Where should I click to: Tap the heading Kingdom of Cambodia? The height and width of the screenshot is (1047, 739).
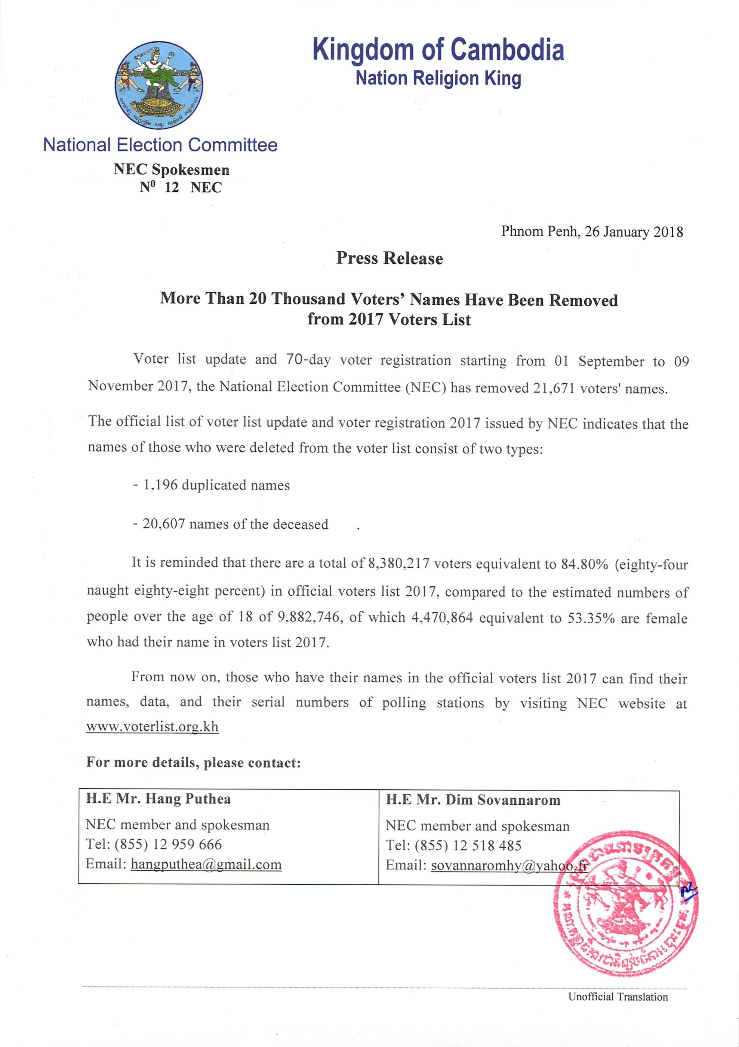coord(438,50)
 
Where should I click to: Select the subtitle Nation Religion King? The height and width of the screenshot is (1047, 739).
coord(438,79)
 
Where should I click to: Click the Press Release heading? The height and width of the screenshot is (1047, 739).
coord(389,258)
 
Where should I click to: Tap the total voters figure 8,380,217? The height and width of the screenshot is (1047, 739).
coord(398,564)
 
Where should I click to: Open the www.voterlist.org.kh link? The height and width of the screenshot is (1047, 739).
coord(152,727)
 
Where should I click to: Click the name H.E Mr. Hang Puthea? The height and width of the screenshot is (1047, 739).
coord(158,799)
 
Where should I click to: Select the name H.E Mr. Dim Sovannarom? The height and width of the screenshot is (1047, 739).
coord(473,800)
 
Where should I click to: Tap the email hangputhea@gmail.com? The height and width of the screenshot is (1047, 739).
coord(206,864)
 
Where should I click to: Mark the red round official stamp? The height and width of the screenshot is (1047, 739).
coord(625,905)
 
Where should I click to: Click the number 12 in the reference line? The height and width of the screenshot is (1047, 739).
coord(172,187)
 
